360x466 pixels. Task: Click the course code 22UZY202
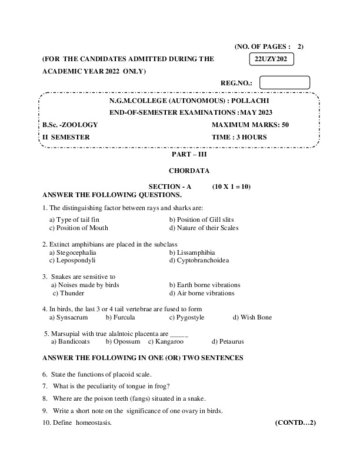pos(271,60)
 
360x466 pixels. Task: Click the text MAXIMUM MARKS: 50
pos(250,125)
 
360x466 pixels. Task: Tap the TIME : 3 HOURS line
pos(239,137)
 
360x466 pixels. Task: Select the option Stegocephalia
pos(76,251)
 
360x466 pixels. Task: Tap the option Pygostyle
pos(186,317)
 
